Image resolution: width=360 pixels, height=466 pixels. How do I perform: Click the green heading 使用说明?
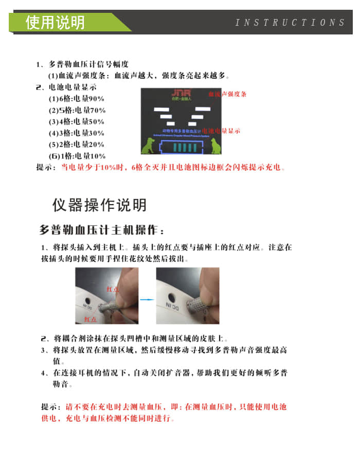pos(55,23)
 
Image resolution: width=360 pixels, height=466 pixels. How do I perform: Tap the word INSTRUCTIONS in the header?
pos(290,23)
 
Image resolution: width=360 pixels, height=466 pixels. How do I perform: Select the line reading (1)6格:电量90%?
pos(76,98)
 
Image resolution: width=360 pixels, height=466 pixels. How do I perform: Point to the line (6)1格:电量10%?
pos(77,156)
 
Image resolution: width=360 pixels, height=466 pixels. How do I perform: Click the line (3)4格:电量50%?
pos(76,122)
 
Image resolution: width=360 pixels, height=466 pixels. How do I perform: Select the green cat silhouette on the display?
pos(214,146)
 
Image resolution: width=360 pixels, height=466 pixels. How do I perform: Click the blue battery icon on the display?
pos(182,148)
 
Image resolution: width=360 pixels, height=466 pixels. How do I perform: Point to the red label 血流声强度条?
pos(227,94)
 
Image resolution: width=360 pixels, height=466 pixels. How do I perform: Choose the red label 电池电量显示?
pos(221,131)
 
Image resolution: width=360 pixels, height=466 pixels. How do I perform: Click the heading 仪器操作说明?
pos(99,205)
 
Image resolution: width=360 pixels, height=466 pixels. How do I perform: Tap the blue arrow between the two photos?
pos(147,298)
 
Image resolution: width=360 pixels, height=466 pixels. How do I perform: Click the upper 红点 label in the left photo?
pos(113,289)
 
